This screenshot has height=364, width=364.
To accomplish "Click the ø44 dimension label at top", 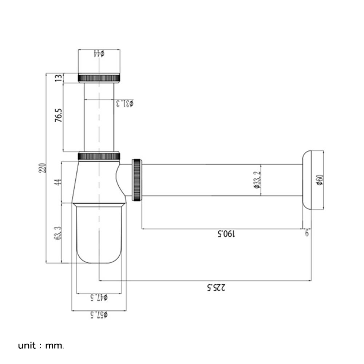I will (x=99, y=54).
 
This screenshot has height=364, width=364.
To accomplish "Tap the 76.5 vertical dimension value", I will (x=59, y=115).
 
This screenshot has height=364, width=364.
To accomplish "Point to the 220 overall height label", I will (x=43, y=168).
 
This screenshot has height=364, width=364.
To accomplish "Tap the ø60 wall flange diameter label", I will (x=320, y=180).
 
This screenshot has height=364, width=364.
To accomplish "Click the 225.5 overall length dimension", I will (x=216, y=287).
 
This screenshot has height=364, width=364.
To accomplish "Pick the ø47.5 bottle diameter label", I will (x=99, y=297).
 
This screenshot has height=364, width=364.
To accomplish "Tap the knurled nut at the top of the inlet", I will (x=99, y=78).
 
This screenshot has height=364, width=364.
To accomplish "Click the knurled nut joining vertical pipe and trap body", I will (x=99, y=156).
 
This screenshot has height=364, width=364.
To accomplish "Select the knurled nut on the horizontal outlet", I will (x=137, y=180).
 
